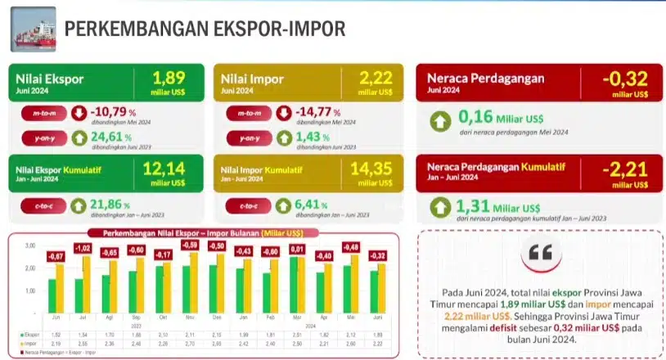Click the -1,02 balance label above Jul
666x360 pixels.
coord(82,249)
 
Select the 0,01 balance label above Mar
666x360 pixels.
coord(297,249)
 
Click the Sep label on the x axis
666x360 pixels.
coord(137,317)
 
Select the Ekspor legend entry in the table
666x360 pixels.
coord(29,335)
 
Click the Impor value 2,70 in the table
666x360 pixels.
coord(191,343)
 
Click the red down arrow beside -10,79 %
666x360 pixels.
coord(79,113)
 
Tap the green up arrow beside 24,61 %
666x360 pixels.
coord(79,137)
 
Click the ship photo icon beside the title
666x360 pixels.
coord(33,29)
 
